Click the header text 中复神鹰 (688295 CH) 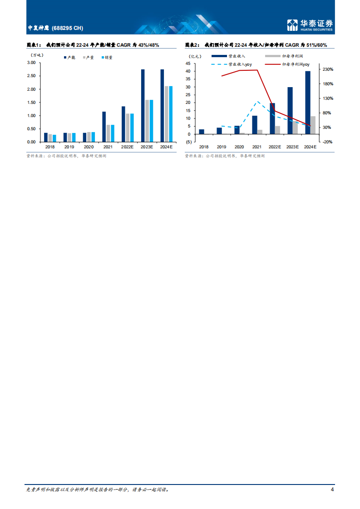[55, 28]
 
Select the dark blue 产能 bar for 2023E [143, 105]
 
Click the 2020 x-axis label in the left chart [89, 147]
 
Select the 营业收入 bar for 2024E [307, 103]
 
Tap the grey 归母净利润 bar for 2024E [313, 125]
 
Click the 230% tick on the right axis [328, 69]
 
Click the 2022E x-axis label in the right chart [275, 147]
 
